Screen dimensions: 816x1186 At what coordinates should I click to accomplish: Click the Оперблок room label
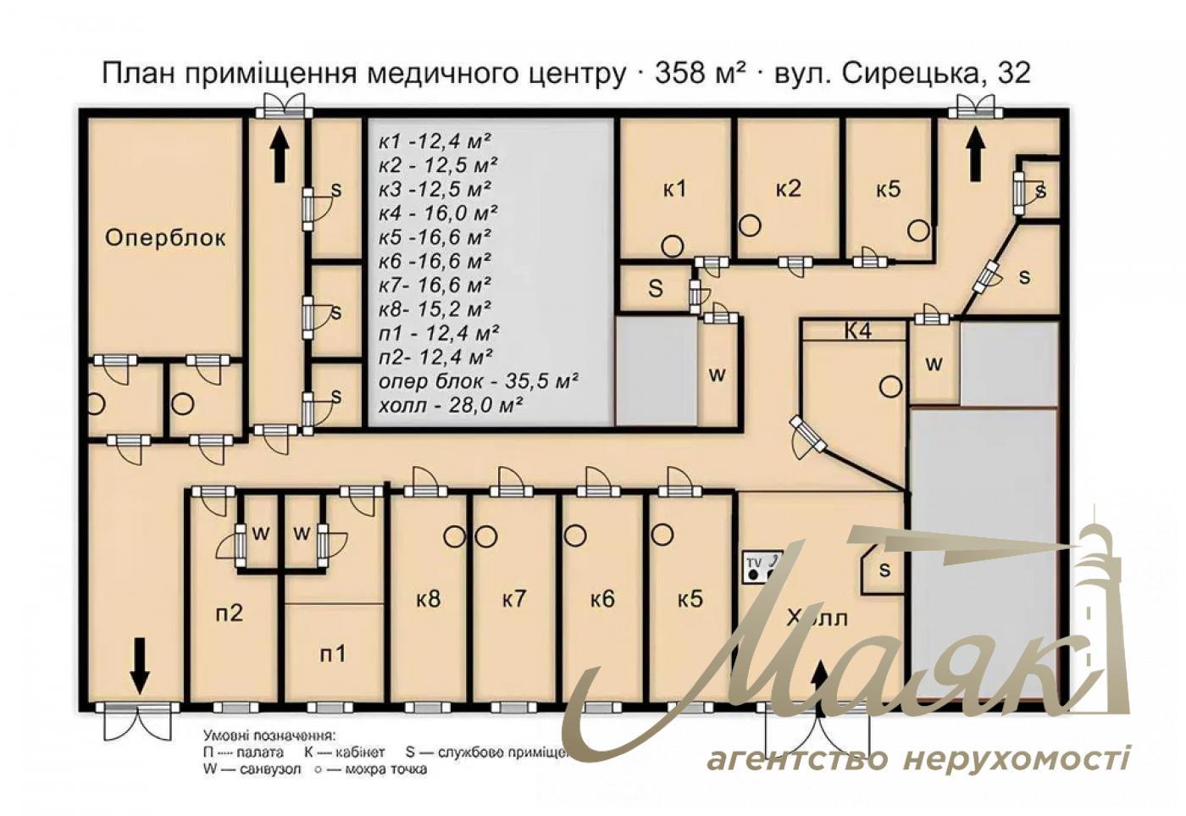(x=165, y=238)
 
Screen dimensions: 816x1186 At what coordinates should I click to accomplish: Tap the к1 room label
(x=674, y=188)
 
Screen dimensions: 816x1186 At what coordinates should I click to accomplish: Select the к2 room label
(x=788, y=188)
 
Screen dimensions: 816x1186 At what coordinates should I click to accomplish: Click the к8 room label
(x=429, y=599)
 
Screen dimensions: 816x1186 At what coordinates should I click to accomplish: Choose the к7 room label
(x=514, y=599)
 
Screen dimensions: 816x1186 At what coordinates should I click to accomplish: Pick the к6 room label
(x=602, y=599)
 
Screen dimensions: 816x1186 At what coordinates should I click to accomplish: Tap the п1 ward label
(x=333, y=653)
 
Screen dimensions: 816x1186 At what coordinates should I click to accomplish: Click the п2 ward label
(x=229, y=612)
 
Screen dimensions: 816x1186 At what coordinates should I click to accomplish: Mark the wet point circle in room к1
(x=672, y=247)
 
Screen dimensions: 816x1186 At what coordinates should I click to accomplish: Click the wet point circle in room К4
(x=889, y=387)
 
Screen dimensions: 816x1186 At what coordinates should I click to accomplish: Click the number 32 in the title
(x=1014, y=73)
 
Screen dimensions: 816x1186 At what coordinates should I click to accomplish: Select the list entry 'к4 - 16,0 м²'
(x=437, y=213)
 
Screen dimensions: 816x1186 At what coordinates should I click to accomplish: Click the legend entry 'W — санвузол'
(x=252, y=769)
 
